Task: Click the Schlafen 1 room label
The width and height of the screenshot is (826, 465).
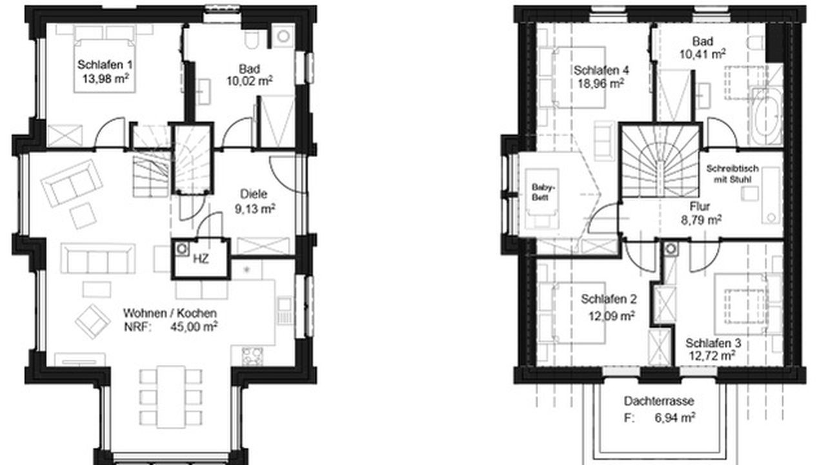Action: (105, 65)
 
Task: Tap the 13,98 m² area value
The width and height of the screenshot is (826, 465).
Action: (105, 79)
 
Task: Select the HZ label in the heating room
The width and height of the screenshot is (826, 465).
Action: (201, 259)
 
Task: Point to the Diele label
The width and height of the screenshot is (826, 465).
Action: (254, 194)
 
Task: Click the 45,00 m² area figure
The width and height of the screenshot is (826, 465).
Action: (194, 327)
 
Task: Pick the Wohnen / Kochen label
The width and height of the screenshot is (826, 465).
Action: (170, 313)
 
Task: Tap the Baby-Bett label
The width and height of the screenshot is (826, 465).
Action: (543, 192)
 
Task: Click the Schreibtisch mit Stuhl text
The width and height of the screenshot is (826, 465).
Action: (732, 174)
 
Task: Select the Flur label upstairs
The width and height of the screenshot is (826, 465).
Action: (700, 207)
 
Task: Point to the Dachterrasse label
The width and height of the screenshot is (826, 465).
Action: (659, 401)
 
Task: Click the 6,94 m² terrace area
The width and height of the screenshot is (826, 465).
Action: (675, 418)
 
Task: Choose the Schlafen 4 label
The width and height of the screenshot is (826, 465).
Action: (601, 70)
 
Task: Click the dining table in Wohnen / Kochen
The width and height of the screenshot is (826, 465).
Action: (170, 397)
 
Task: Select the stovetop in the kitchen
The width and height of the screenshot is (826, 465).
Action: (252, 356)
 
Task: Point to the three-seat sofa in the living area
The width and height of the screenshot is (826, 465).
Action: (97, 258)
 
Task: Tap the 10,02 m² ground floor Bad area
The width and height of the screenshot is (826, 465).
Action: (250, 81)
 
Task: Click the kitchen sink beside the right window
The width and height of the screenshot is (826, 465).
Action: (284, 311)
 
